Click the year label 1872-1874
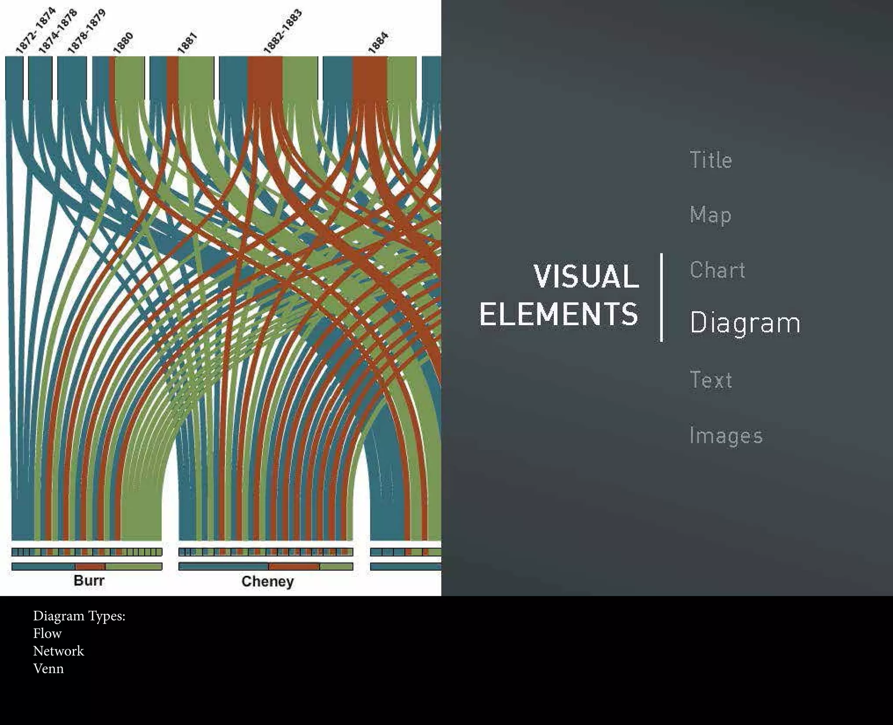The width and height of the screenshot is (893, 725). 36,30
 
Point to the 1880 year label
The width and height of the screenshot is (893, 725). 123,43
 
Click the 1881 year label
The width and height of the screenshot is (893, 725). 187,43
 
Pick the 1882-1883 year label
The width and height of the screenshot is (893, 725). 283,32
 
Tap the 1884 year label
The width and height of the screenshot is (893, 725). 378,43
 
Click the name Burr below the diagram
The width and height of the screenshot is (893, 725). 89,580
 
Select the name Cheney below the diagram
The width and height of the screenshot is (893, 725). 268,581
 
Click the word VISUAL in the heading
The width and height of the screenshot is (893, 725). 586,276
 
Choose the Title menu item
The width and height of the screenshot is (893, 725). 711,160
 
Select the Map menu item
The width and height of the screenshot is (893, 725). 710,215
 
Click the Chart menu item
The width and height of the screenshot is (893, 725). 717,270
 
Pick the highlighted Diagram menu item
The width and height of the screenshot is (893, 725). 745,323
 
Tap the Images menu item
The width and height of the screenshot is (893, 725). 726,436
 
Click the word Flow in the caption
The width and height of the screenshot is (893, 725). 48,633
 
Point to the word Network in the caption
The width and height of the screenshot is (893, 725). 58,651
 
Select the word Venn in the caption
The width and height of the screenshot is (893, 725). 48,668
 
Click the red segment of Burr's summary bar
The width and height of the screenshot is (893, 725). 90,567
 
